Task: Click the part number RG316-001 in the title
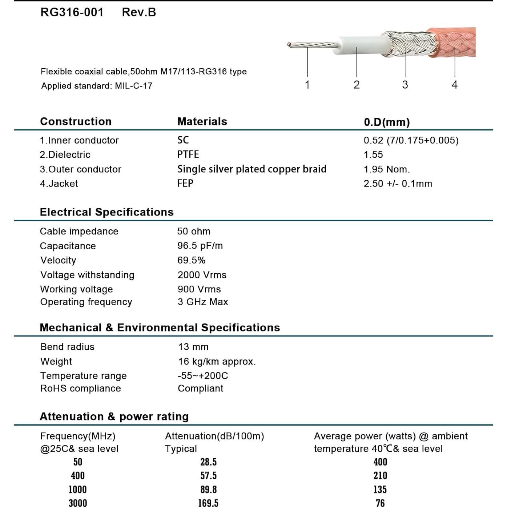point(72,12)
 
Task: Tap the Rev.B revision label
point(139,12)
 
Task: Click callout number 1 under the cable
point(307,85)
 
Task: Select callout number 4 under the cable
point(454,85)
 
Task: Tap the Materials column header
point(202,121)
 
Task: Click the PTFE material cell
point(188,154)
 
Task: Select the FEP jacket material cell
point(185,183)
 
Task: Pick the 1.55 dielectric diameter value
point(373,154)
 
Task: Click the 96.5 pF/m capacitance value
point(200,246)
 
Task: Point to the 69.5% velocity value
point(191,260)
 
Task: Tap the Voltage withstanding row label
point(87,275)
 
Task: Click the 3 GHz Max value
point(203,302)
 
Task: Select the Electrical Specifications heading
point(106,212)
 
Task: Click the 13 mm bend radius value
point(193,347)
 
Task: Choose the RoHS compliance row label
point(80,388)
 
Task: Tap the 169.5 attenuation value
point(208,503)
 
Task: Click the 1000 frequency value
point(78,489)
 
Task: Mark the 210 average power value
point(380,475)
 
